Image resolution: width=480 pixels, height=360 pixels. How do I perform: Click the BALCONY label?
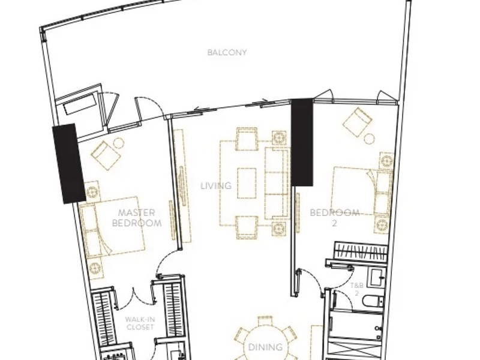click(227, 52)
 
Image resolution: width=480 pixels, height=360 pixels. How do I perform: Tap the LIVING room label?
click(216, 185)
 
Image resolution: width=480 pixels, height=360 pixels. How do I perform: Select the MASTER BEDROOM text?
click(137, 218)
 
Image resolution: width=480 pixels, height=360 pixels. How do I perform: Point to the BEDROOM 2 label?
click(335, 218)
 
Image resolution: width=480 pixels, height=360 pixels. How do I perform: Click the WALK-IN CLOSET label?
click(140, 323)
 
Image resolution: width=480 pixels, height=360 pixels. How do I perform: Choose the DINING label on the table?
click(265, 347)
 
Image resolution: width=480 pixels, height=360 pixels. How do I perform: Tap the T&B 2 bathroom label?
click(356, 289)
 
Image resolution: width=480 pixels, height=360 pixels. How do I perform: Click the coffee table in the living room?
click(247, 183)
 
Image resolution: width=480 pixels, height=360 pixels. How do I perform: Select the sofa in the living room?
click(277, 184)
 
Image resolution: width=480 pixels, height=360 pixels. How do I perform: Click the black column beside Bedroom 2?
click(302, 142)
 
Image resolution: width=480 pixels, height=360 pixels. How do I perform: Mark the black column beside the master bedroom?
click(69, 163)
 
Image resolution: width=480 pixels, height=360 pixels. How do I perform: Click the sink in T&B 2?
click(377, 277)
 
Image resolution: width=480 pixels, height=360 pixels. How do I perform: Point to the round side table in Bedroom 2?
click(370, 139)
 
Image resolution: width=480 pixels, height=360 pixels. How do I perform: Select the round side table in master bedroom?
click(119, 143)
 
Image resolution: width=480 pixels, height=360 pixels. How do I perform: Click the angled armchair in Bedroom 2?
click(357, 122)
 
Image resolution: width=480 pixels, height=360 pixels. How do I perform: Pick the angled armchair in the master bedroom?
click(106, 155)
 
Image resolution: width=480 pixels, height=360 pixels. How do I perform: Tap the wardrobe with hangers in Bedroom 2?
click(360, 250)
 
